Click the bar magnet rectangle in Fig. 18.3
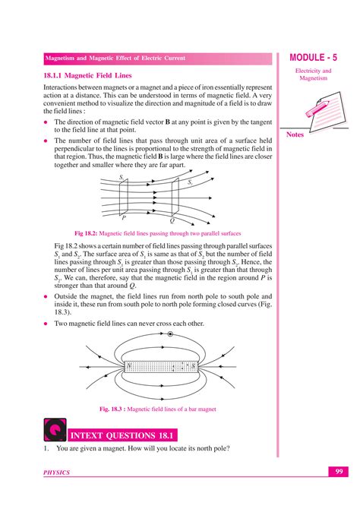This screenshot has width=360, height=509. coord(157,368)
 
